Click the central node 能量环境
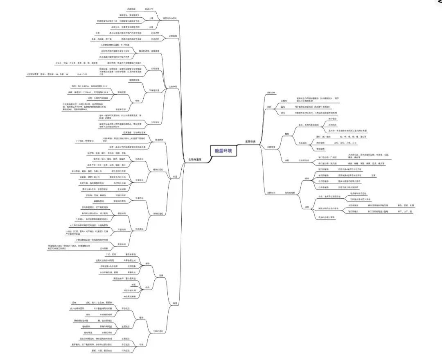(223, 151)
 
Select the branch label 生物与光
(250, 141)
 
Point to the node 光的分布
(271, 92)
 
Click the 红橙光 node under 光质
(284, 101)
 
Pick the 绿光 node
(282, 113)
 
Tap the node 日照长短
(271, 192)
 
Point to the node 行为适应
(126, 351)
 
